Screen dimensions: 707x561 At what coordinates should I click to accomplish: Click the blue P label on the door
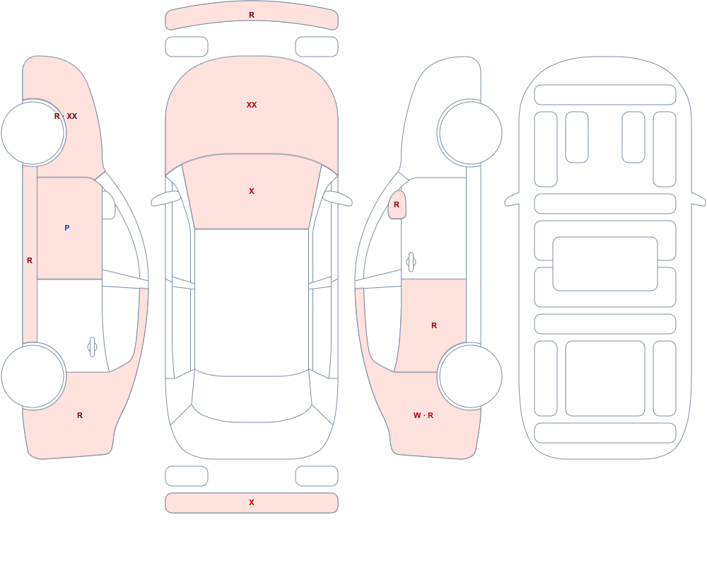[x=66, y=228]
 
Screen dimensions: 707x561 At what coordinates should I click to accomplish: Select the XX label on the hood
[x=252, y=105]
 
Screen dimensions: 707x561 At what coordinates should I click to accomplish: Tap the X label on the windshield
[x=252, y=192]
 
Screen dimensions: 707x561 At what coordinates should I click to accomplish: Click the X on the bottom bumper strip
[x=252, y=502]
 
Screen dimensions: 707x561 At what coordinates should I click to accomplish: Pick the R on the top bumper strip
[x=252, y=16]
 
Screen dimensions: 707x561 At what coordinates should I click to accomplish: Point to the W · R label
[x=423, y=415]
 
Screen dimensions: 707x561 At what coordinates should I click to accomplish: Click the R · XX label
[x=66, y=116]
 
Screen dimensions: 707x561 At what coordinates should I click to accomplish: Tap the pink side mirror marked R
[x=397, y=204]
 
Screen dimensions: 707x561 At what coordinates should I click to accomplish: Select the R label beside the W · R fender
[x=434, y=325]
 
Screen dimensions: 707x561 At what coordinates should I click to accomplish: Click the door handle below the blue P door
[x=92, y=347]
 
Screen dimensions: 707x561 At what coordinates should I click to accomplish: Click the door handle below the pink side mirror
[x=411, y=262]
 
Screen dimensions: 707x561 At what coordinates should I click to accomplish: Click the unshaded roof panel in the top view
[x=252, y=301]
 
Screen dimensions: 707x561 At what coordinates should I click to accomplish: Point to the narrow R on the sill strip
[x=30, y=260]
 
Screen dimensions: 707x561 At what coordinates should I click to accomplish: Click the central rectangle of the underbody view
[x=605, y=264]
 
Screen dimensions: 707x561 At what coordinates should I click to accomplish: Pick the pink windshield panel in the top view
[x=252, y=192]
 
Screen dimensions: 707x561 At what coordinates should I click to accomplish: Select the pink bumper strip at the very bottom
[x=252, y=503]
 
